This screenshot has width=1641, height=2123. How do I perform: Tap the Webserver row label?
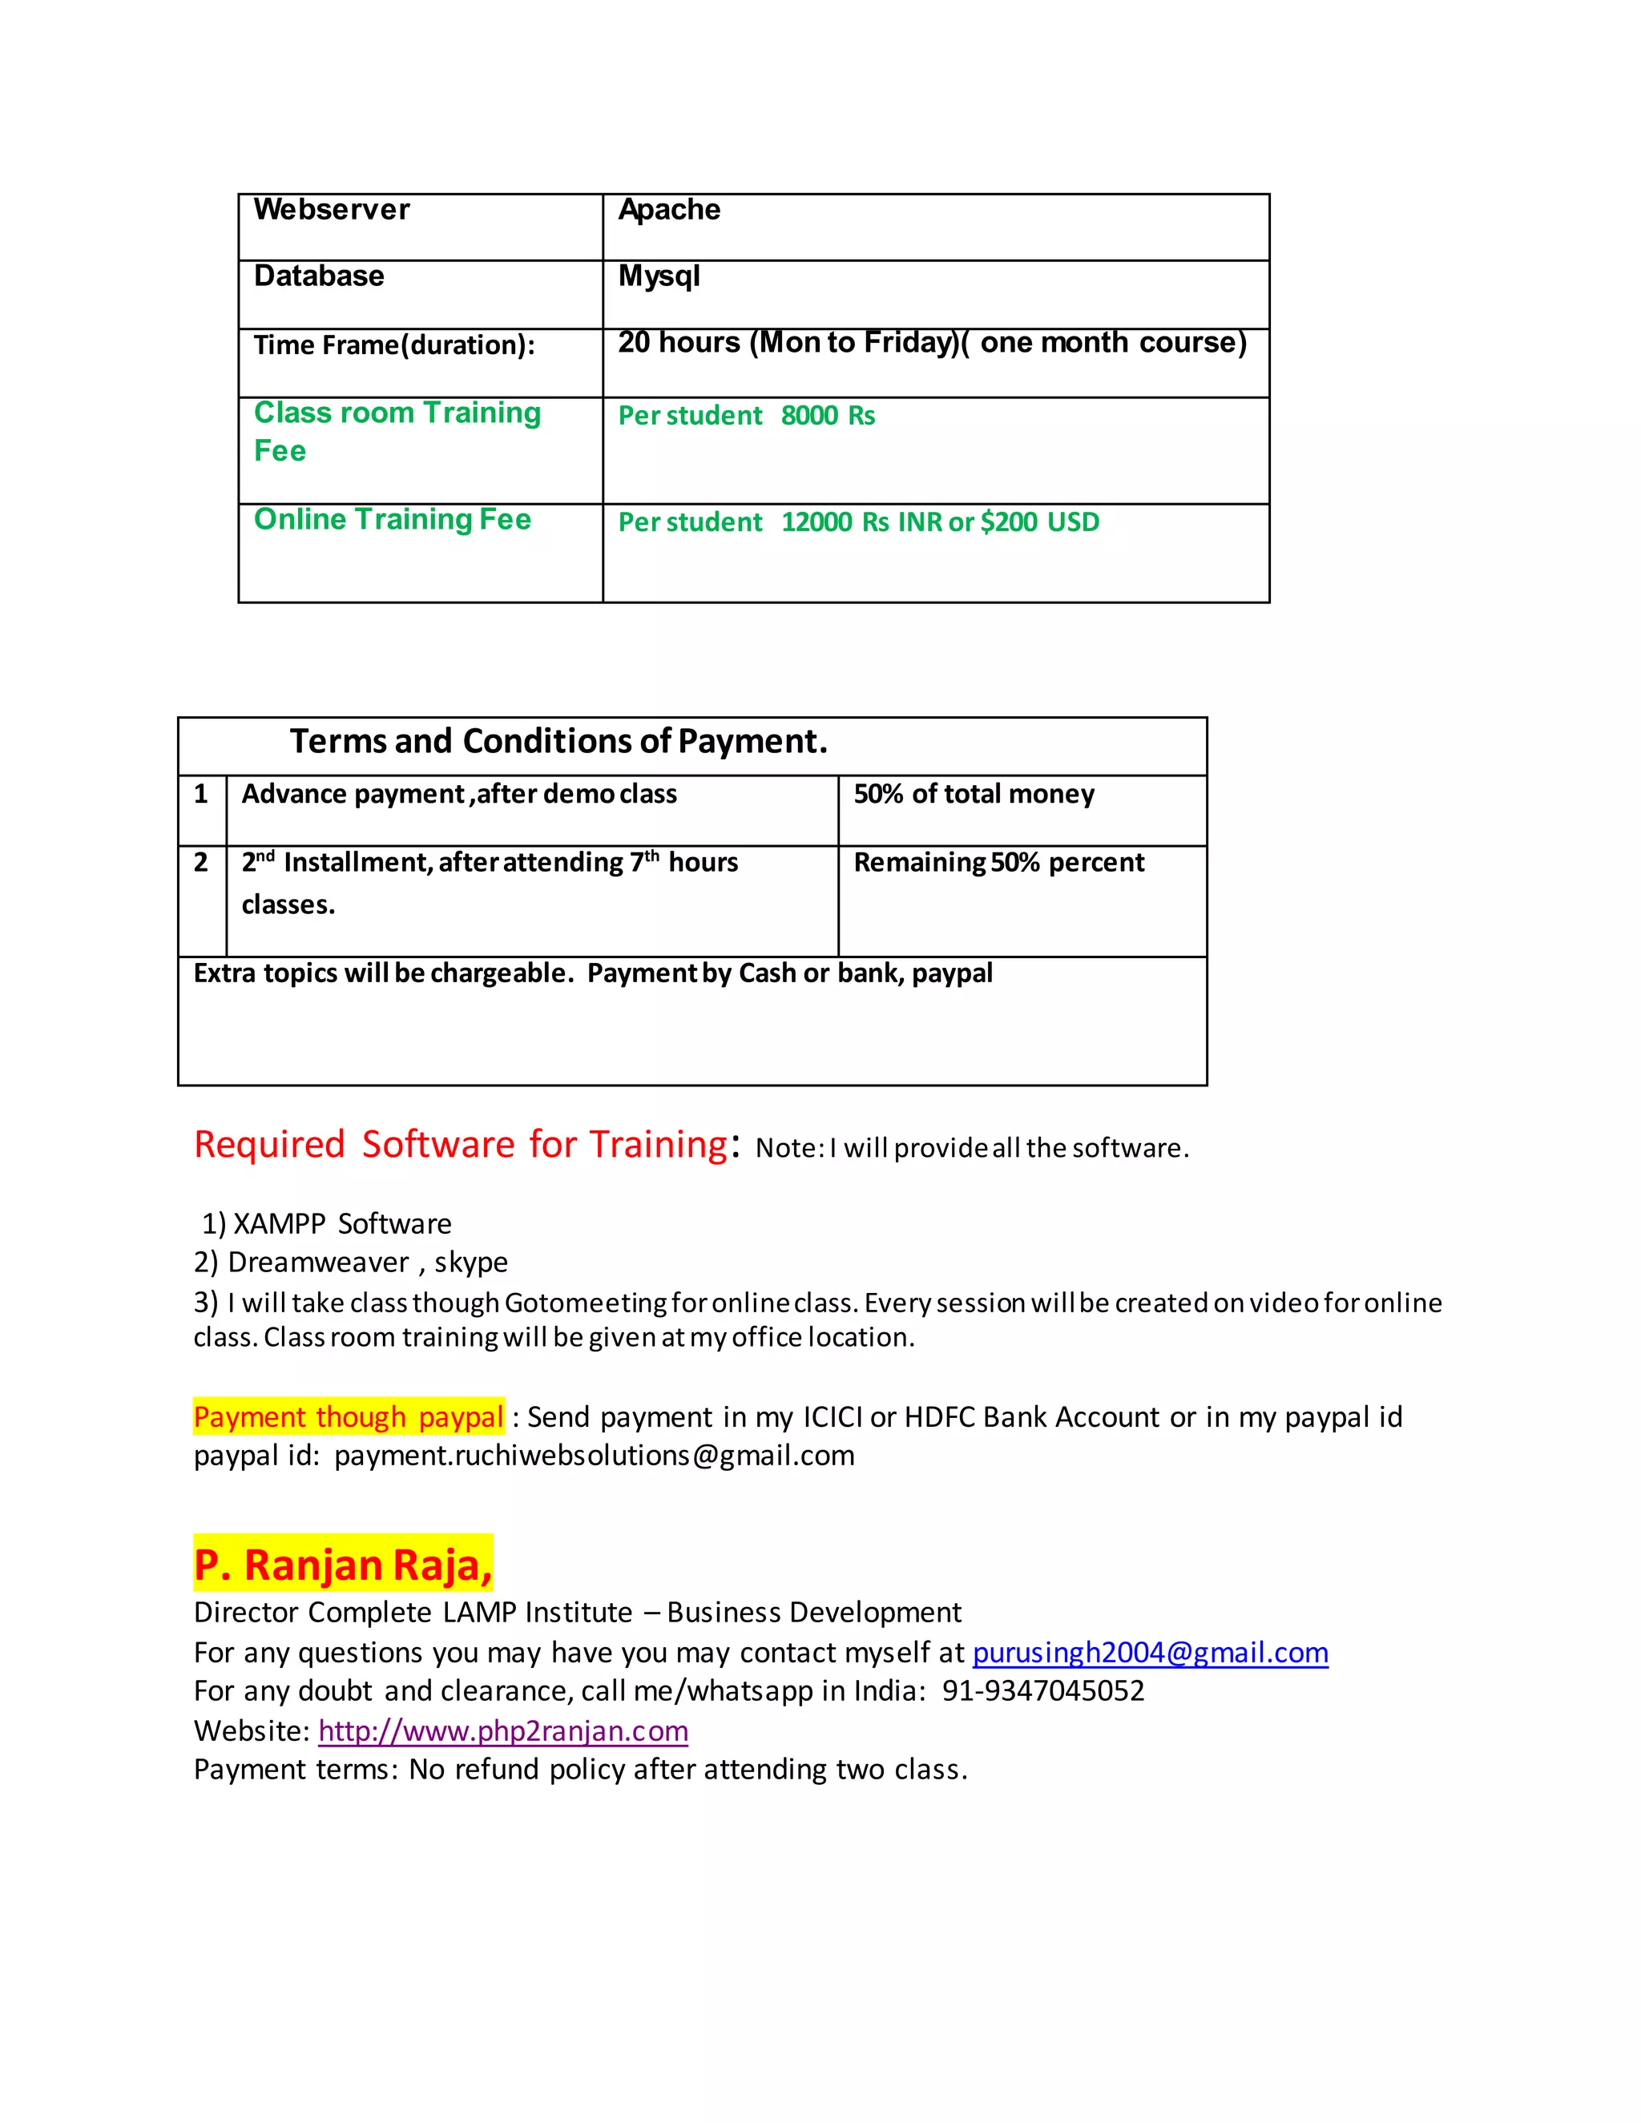click(x=332, y=210)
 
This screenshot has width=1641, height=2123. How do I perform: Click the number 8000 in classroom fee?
click(x=808, y=416)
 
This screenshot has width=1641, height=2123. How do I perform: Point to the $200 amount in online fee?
click(x=1008, y=523)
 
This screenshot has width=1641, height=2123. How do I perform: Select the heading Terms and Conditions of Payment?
click(x=558, y=742)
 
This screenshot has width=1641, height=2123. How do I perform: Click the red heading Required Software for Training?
click(x=460, y=1144)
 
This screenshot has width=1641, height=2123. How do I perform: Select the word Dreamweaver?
click(x=318, y=1263)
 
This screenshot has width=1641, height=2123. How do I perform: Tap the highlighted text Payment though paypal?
click(x=348, y=1417)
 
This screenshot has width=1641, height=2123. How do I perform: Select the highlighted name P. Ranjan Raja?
click(x=342, y=1565)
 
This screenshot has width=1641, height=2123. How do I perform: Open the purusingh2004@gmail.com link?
click(x=1150, y=1654)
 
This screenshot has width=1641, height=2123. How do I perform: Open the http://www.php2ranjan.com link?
click(x=502, y=1731)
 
